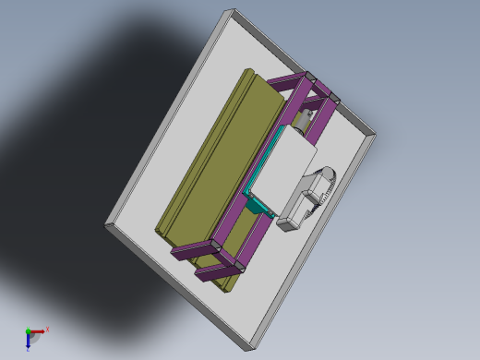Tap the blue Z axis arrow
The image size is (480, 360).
click(29, 341)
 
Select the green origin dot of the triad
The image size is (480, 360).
click(28, 330)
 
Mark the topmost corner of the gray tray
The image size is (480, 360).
click(230, 11)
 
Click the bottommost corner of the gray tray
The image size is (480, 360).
click(250, 349)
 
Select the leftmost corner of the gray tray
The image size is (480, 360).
click(106, 224)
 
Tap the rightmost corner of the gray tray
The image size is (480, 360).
click(374, 135)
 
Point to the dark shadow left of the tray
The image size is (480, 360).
click(83, 138)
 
